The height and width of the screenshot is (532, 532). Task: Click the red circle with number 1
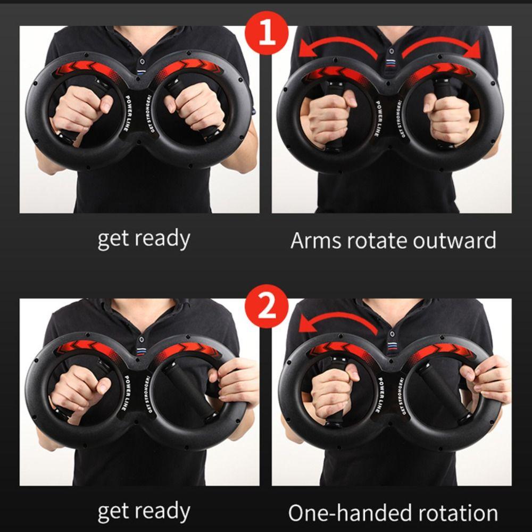pyautogui.click(x=266, y=32)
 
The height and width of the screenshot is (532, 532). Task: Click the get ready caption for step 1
pyautogui.click(x=144, y=239)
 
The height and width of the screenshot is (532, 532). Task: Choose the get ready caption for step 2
pyautogui.click(x=144, y=512)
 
